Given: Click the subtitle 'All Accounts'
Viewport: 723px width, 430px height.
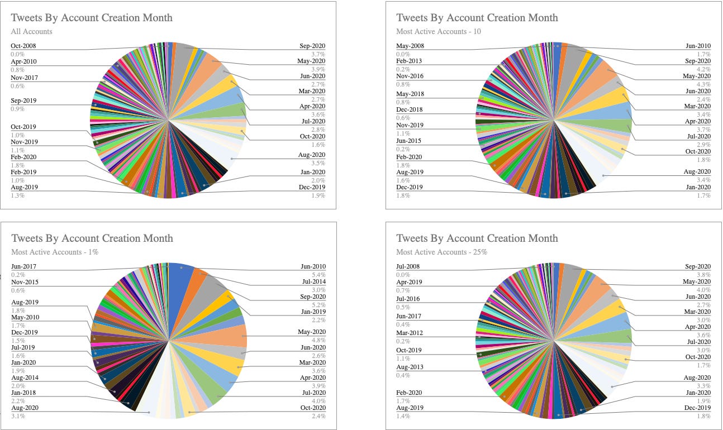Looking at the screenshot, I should click(x=32, y=31).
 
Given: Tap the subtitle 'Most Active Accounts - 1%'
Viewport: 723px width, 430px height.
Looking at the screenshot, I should click(x=55, y=252).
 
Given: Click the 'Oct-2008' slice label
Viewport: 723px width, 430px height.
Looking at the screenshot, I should click(x=23, y=46).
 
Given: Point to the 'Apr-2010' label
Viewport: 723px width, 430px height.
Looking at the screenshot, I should click(x=23, y=61).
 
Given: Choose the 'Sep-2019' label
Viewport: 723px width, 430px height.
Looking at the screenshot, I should click(x=23, y=101).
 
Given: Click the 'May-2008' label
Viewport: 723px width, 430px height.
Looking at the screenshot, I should click(x=410, y=46).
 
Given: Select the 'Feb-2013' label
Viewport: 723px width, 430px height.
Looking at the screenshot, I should click(x=409, y=61).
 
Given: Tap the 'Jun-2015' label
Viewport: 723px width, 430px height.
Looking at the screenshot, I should click(x=409, y=141).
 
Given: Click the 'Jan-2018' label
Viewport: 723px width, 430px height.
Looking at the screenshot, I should click(x=23, y=393).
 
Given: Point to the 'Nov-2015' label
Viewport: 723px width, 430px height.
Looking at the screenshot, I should click(x=24, y=282).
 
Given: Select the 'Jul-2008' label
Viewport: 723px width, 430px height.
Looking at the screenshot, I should click(x=408, y=266).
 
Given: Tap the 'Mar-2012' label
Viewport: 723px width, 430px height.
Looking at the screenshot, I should click(x=409, y=333).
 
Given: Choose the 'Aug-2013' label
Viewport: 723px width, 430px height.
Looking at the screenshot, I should click(x=410, y=367).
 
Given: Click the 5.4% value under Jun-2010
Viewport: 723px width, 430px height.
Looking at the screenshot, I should click(x=318, y=275).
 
